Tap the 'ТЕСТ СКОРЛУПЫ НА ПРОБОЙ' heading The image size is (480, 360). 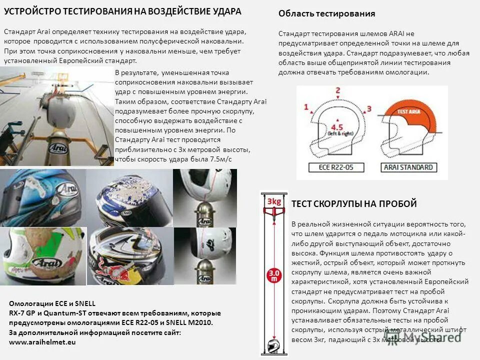tap(353, 203)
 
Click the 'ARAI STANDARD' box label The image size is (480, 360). tap(407, 167)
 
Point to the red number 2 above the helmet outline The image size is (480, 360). tap(337, 91)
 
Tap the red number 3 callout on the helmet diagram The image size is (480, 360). tap(369, 108)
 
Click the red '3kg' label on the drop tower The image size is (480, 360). tap(273, 201)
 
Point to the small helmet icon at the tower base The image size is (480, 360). tap(273, 345)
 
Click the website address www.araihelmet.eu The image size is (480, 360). tap(42, 342)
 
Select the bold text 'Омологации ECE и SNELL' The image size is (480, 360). tap(52, 303)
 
